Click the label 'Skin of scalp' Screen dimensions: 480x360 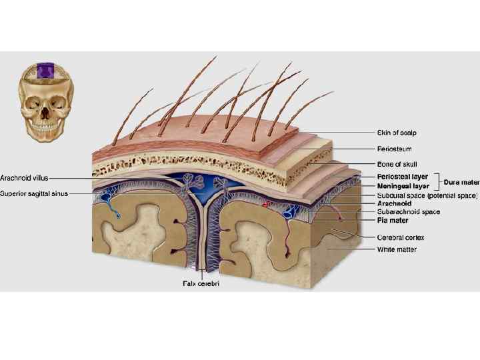[x=397, y=133]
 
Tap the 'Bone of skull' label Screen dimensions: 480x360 [x=397, y=164]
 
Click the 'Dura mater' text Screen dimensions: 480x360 [x=461, y=181]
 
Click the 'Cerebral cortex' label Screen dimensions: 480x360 [x=401, y=237]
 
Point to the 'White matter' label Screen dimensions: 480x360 [x=397, y=249]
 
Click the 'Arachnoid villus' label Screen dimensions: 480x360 [x=24, y=178]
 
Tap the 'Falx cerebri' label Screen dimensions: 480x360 [x=201, y=283]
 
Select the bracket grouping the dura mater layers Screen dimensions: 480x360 [x=438, y=181]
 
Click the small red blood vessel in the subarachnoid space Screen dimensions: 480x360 [x=268, y=203]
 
